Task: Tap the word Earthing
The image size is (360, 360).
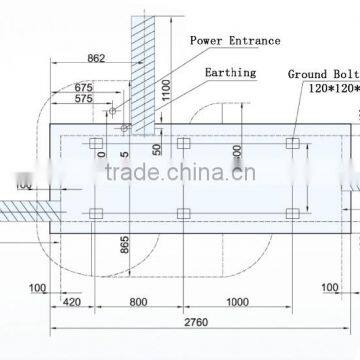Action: point(229,73)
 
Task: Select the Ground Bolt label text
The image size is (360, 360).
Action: point(322,74)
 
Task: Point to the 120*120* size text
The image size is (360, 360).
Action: point(329,88)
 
